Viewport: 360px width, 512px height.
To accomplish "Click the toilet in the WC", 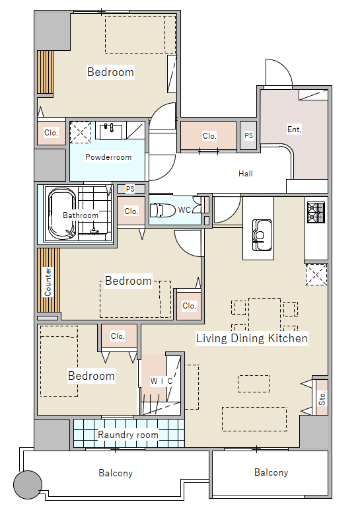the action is click(162, 210).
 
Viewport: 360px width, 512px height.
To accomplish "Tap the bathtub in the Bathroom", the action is click(62, 214).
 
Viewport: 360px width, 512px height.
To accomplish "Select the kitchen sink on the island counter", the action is click(262, 235).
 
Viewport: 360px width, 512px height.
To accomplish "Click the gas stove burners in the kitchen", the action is click(316, 212).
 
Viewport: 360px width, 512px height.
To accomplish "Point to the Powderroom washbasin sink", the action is click(111, 131).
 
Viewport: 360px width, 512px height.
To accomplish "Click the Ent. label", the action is click(294, 129).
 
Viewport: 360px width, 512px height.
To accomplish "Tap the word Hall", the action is click(246, 173).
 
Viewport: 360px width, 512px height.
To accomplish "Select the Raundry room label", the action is click(128, 435).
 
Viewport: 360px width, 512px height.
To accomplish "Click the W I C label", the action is click(161, 381).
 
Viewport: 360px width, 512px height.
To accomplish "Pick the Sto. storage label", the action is click(322, 398).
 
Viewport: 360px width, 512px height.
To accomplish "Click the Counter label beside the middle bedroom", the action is click(48, 282).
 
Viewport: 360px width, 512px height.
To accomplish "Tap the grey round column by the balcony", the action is click(28, 484).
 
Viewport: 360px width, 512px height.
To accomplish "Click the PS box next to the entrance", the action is click(249, 135).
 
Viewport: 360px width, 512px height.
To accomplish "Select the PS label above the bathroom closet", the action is click(130, 189).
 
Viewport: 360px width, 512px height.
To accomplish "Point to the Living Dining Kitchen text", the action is click(252, 338).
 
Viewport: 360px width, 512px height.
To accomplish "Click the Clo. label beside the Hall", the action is click(209, 136).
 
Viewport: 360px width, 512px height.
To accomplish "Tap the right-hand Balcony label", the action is click(271, 472).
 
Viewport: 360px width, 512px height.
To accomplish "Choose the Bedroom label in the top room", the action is click(111, 72).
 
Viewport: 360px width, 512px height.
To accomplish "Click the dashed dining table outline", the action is click(264, 314).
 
